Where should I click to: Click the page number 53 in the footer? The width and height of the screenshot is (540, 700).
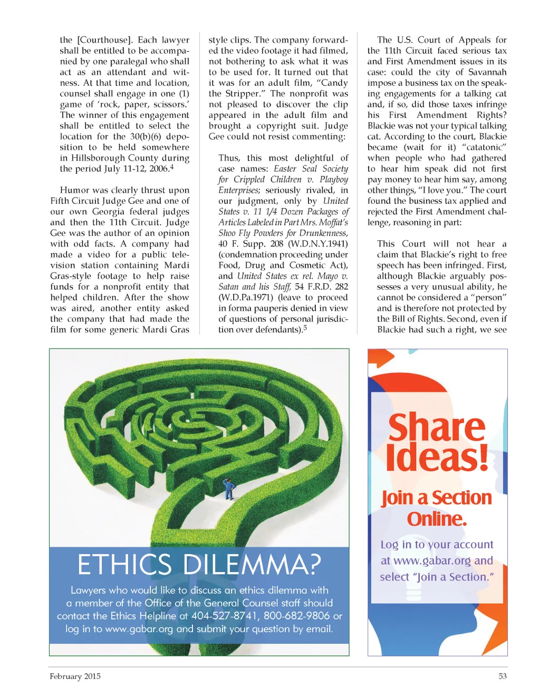tap(503, 676)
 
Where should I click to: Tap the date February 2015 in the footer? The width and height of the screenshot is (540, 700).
tap(75, 676)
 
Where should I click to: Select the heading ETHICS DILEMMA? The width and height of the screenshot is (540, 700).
tap(199, 565)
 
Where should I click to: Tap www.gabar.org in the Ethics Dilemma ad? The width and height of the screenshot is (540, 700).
tap(139, 629)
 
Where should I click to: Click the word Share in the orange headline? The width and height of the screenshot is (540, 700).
tap(437, 428)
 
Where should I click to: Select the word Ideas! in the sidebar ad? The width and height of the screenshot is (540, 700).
tap(437, 458)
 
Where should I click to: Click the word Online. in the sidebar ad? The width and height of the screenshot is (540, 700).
tap(437, 519)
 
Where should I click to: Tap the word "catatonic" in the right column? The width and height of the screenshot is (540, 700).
tap(484, 147)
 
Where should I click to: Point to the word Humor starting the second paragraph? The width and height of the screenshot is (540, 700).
tap(75, 190)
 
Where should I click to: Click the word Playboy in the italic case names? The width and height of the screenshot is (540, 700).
tap(334, 180)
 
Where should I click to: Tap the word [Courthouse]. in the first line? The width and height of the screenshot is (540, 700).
tap(105, 40)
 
